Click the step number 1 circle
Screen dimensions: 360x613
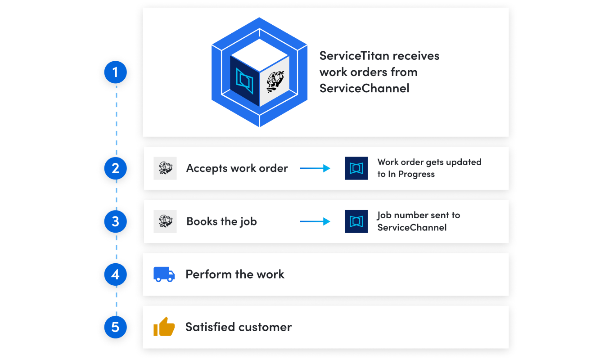click(116, 72)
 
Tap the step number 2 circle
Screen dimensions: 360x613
click(116, 168)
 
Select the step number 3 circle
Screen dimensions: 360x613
click(116, 221)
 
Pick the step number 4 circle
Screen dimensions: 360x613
click(116, 274)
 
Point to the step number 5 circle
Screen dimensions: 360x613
click(116, 327)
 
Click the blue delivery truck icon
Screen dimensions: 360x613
click(164, 274)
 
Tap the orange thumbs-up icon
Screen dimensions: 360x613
click(164, 327)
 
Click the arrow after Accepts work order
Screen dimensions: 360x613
click(315, 168)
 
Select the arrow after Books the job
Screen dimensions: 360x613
click(315, 221)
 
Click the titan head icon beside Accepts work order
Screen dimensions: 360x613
click(165, 168)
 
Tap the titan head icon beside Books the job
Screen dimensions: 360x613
click(165, 221)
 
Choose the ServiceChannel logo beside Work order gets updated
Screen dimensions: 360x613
click(356, 168)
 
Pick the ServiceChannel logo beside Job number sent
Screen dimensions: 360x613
click(356, 221)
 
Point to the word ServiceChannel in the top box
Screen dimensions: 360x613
click(364, 88)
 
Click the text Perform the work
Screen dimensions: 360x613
click(234, 274)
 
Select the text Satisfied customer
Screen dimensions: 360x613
click(238, 327)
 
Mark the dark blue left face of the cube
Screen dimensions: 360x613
click(245, 81)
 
